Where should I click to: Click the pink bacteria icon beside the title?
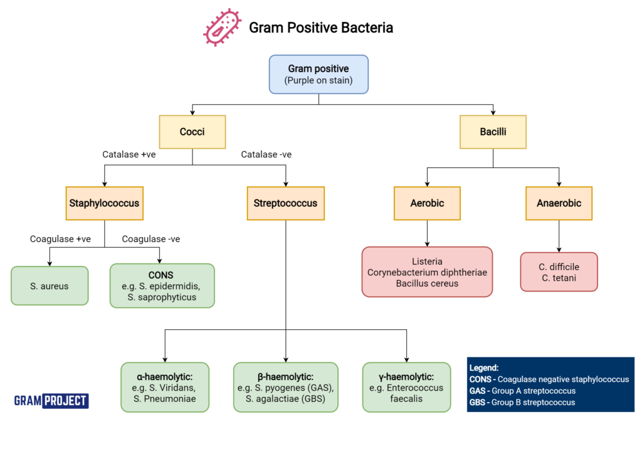tap(222, 28)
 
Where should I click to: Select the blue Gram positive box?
tap(318, 74)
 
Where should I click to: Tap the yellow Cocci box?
tap(192, 132)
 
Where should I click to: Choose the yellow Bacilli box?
tap(493, 132)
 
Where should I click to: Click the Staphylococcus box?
tap(104, 203)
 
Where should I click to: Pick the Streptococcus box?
tap(285, 203)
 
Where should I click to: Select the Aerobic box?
tap(427, 203)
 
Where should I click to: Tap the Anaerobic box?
tap(559, 203)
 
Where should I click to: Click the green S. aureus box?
tap(50, 286)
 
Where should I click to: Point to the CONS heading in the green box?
tap(161, 275)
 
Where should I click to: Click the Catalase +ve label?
tap(129, 154)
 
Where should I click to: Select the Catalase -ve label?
tap(266, 154)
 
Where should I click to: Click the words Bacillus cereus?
tap(427, 283)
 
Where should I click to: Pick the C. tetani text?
tap(559, 278)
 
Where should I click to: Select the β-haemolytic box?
tap(285, 387)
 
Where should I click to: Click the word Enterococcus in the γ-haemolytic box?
tap(406, 388)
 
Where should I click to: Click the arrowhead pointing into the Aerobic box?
tap(427, 183)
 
